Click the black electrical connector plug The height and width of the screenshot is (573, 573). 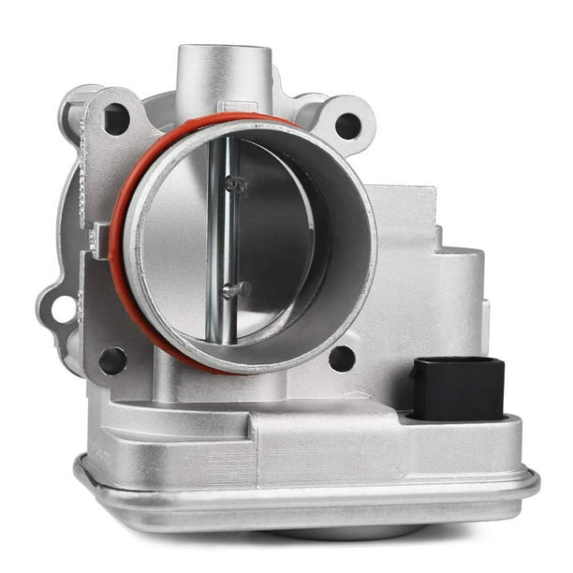(x=458, y=388)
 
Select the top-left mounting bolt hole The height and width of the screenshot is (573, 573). (x=116, y=119)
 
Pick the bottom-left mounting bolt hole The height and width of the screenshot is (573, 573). (x=112, y=359)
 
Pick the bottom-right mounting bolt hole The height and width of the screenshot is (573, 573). (x=342, y=358)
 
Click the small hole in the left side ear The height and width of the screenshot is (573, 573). (x=63, y=308)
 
